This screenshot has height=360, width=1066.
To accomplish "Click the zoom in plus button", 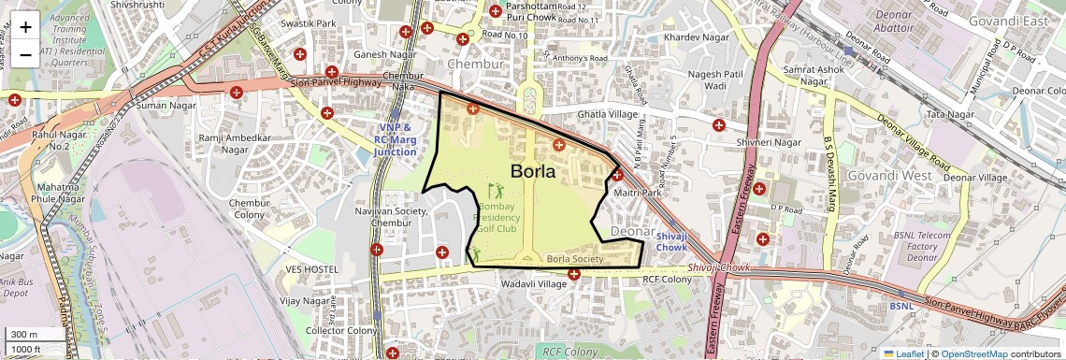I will click(25, 26).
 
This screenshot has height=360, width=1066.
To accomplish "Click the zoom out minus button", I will click(25, 53).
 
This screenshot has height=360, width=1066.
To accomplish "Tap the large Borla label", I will click(533, 171).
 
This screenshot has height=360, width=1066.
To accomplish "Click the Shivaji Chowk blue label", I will click(671, 242).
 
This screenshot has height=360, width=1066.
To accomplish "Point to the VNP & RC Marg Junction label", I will click(395, 139).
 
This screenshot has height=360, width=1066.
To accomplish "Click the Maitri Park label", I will click(639, 194).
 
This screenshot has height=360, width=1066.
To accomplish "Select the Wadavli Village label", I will click(535, 283).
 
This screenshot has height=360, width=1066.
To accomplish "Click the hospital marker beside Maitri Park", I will click(617, 175).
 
